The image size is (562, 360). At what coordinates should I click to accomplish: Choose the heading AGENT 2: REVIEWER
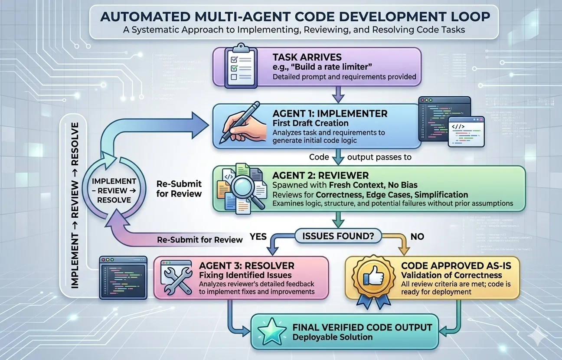click(320, 176)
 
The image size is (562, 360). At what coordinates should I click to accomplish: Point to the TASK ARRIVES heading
click(307, 57)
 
